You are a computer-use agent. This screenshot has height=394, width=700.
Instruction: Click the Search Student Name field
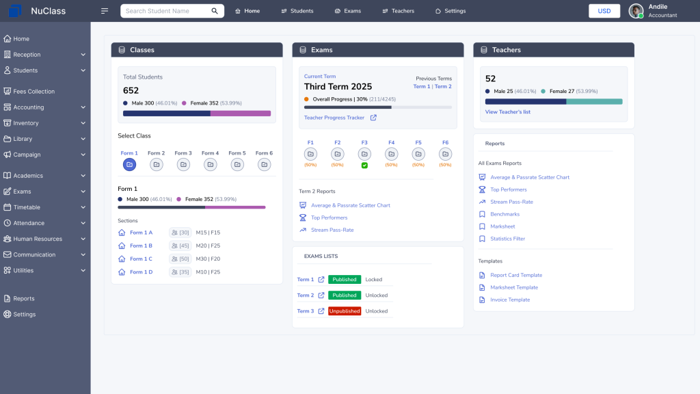167,11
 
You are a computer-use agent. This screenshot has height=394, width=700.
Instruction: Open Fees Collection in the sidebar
33,91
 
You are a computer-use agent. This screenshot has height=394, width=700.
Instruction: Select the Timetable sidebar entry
27,207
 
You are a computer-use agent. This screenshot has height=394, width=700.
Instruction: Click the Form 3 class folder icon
183,165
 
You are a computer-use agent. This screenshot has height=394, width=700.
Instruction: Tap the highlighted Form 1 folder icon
129,165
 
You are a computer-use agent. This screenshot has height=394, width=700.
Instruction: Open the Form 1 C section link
141,259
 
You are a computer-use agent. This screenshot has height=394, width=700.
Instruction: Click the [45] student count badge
180,246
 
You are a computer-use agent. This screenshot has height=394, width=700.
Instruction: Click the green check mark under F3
364,166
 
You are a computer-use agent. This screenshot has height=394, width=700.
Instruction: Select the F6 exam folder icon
445,154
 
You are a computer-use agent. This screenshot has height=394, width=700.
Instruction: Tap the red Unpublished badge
345,311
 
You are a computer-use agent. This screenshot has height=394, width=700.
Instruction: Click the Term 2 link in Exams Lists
306,295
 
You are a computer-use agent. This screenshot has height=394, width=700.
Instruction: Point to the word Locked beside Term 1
374,280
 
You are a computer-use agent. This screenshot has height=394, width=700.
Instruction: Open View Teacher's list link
507,111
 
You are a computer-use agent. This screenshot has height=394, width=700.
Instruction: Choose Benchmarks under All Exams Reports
504,214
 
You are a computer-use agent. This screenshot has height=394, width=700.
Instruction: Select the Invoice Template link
510,300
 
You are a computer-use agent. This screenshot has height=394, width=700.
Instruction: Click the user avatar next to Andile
636,11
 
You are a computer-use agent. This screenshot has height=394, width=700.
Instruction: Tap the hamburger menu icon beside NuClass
105,11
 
